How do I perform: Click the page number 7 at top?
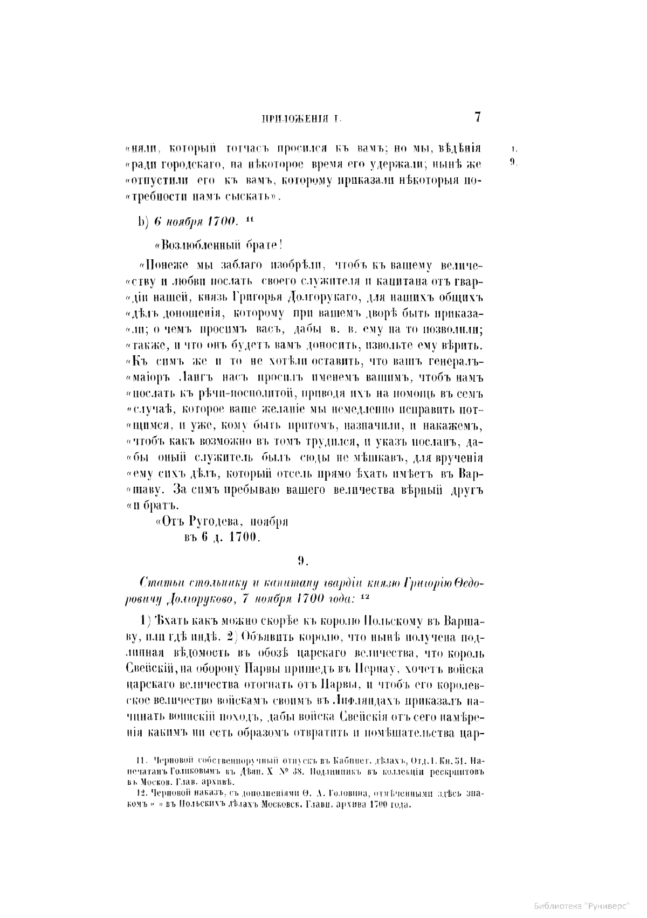pos(477,118)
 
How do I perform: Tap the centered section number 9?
pos(302,560)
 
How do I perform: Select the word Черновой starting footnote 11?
pos(171,761)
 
